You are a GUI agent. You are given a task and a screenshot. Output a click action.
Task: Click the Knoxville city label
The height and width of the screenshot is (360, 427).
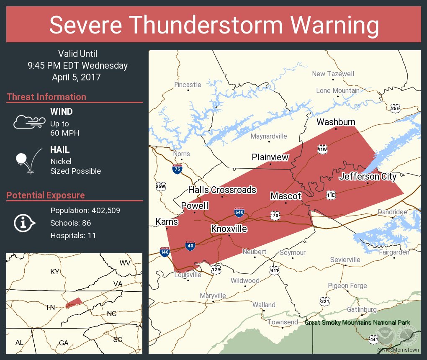point(229,229)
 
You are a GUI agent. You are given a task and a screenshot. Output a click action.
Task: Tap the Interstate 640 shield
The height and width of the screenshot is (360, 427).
point(239,212)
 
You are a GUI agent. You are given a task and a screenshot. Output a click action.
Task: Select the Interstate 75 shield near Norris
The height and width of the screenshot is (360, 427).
point(177,169)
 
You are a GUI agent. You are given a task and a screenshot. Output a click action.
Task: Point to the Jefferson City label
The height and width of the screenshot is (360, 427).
point(368,177)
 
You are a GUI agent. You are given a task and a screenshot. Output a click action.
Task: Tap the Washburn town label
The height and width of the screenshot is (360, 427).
point(336,122)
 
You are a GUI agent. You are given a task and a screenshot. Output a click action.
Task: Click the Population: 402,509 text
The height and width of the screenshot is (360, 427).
point(85,210)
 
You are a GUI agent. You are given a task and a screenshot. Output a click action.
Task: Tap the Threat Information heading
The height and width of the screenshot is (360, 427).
point(46,97)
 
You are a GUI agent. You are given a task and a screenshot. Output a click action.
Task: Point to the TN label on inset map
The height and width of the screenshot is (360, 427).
point(50,307)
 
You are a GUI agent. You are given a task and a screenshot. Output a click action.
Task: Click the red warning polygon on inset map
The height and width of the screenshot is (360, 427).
point(74,303)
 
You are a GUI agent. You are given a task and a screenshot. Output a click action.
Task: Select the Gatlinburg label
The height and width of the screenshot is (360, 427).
point(362,309)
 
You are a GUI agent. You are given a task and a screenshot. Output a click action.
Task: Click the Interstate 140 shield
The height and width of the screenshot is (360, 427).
point(164,252)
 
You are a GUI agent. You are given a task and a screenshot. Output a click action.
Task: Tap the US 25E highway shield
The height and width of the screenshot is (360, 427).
point(395,108)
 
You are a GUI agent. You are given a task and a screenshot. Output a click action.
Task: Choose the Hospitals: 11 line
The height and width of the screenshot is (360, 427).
point(73,236)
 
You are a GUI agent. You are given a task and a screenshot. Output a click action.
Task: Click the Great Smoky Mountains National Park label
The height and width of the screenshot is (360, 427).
point(357,322)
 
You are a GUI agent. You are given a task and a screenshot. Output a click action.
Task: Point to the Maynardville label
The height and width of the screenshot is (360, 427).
point(269,136)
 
